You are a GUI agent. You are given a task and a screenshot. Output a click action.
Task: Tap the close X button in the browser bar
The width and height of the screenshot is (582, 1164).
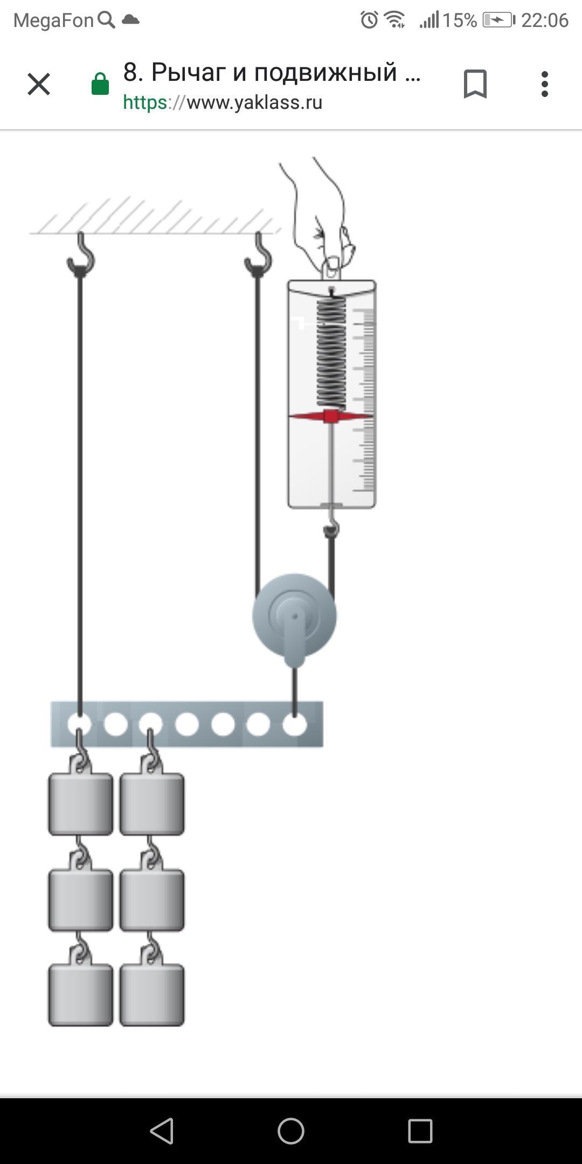[x=39, y=85]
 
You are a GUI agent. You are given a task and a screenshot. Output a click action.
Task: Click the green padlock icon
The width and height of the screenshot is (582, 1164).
[x=100, y=85]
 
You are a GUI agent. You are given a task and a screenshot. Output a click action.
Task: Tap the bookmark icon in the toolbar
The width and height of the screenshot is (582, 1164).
[x=475, y=84]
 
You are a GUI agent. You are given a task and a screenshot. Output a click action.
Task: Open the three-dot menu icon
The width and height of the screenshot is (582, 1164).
[x=545, y=84]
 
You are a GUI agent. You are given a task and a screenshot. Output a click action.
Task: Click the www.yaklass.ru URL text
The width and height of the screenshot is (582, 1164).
[x=254, y=102]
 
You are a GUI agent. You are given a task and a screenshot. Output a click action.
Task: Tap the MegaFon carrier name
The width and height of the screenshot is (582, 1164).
[x=53, y=20]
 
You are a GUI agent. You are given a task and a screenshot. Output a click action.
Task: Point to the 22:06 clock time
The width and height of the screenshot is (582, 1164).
[x=544, y=20]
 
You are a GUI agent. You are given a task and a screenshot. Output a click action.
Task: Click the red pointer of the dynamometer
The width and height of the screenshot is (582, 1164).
[x=331, y=416]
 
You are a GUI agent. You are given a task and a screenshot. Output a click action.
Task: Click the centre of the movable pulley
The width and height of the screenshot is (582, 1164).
[x=294, y=616]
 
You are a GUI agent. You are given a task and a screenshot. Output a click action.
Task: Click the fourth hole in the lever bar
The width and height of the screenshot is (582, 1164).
[x=187, y=724]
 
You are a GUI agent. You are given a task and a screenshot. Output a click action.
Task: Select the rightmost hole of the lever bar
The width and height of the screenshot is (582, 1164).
[x=294, y=724]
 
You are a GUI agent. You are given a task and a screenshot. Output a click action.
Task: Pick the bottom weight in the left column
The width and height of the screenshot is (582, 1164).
[x=81, y=994]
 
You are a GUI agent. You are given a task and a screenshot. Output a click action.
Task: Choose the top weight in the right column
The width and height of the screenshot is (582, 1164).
[x=152, y=803]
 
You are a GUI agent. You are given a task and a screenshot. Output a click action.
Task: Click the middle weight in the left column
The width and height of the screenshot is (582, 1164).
[x=81, y=898]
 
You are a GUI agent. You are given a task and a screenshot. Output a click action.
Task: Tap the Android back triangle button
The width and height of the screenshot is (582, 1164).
[x=162, y=1131]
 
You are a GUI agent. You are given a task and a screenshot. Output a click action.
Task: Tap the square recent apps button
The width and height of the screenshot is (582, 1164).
[x=420, y=1131]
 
